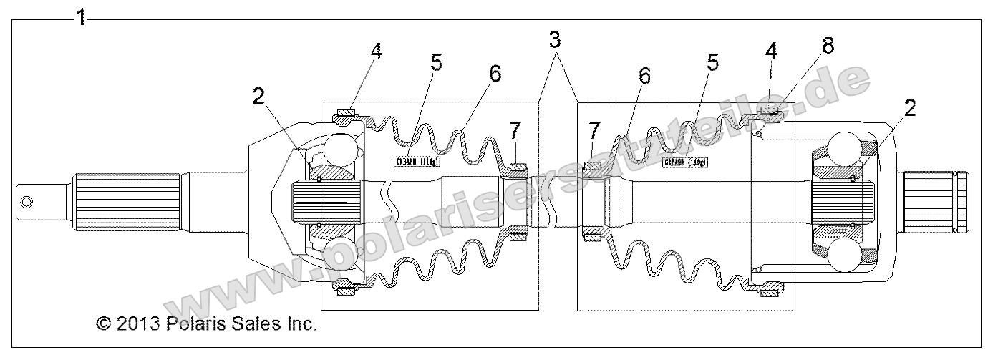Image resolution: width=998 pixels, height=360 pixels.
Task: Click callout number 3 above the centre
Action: point(555,40)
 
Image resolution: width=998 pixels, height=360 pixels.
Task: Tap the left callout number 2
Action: point(258,97)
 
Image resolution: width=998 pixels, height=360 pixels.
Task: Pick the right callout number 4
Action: point(771,52)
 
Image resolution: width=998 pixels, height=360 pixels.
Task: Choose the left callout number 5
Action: point(436,62)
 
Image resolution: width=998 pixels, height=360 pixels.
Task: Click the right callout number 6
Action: point(644,76)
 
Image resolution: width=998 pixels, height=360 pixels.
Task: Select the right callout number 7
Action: point(594,131)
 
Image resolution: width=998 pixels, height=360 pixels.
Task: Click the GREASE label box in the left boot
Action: point(417,161)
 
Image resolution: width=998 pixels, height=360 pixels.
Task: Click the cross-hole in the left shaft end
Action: point(26,202)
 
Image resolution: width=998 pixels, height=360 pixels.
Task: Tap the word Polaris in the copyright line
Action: point(197,323)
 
